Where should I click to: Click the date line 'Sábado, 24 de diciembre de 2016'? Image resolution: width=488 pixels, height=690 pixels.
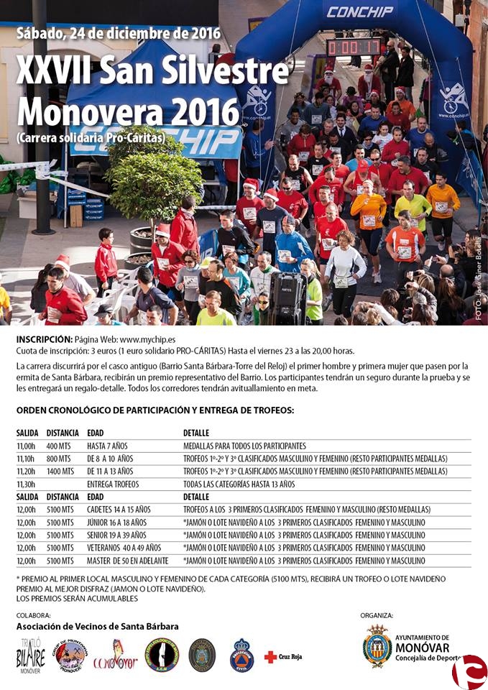tap(118, 33)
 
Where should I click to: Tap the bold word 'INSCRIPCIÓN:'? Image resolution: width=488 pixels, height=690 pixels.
tap(44, 339)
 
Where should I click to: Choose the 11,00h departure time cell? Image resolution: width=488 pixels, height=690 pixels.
tap(26, 446)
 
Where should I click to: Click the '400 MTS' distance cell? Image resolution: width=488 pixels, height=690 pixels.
tap(60, 446)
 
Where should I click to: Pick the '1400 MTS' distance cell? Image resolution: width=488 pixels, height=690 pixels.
tap(61, 471)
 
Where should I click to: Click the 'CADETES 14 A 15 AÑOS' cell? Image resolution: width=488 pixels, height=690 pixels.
tap(119, 510)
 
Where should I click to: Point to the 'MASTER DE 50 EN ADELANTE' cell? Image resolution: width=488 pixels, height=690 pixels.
tap(128, 561)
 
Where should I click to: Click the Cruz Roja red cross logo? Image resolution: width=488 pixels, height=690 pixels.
tap(270, 656)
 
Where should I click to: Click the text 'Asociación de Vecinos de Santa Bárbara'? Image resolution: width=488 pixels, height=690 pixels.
tap(98, 627)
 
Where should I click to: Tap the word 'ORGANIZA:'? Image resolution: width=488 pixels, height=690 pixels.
tap(377, 616)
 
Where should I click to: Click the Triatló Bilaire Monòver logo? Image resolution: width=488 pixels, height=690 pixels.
tap(30, 655)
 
